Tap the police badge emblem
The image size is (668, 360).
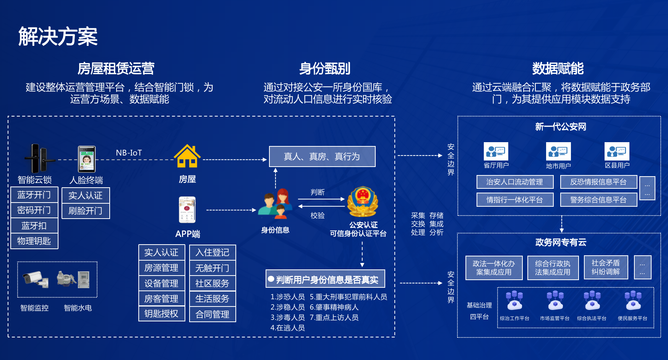click(x=362, y=202)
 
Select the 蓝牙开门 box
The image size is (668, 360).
click(x=34, y=195)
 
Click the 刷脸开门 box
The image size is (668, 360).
click(x=86, y=211)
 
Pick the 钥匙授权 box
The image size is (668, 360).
click(x=161, y=314)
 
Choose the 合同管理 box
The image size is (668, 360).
click(x=212, y=315)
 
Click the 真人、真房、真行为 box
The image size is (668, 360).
click(x=322, y=157)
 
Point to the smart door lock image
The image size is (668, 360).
click(x=39, y=159)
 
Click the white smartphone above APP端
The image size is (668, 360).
click(x=187, y=210)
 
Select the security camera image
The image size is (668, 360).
click(x=36, y=279)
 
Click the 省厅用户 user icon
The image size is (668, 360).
click(x=496, y=151)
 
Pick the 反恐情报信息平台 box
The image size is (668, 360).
click(x=598, y=182)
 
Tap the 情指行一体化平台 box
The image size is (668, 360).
click(x=515, y=200)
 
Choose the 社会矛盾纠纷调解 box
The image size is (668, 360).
click(x=606, y=268)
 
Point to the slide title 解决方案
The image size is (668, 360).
click(x=58, y=37)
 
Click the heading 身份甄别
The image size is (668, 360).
click(x=324, y=69)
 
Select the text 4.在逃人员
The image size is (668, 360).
click(x=287, y=328)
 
